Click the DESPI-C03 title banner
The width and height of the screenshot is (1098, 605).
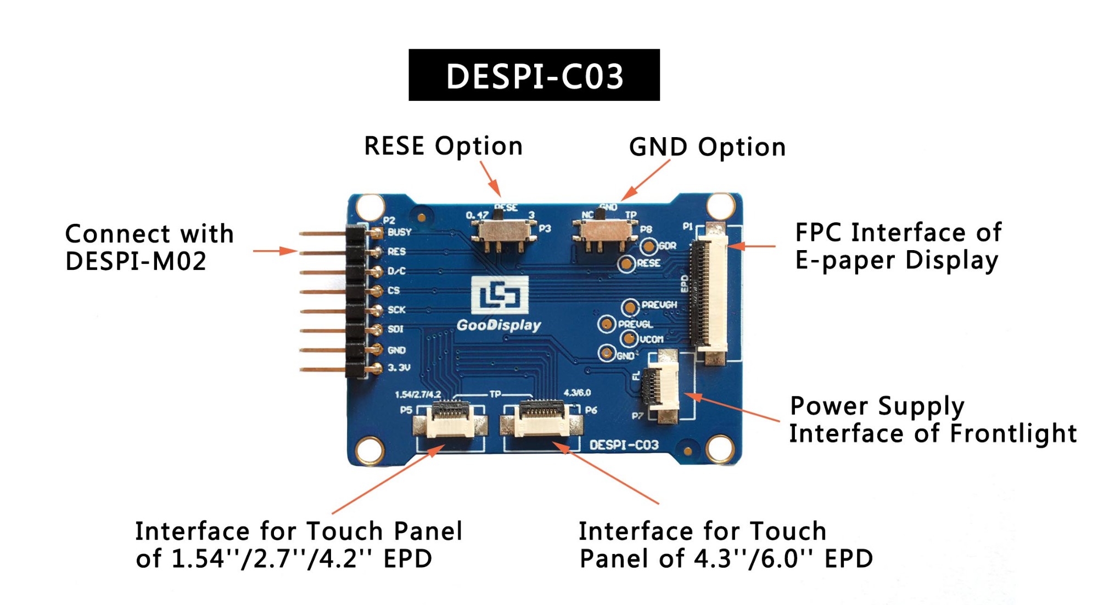coord(534,75)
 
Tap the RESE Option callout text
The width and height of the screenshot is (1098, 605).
coord(443,146)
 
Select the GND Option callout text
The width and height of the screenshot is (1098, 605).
coord(707,148)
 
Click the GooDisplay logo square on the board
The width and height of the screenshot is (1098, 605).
coord(500,295)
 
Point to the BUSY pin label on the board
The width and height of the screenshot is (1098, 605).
coord(399,232)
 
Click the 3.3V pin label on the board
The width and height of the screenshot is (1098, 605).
coord(399,367)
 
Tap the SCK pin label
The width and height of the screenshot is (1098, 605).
coord(396,310)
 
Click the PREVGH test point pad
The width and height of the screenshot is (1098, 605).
coord(630,306)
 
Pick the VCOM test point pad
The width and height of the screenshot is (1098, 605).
coord(629,338)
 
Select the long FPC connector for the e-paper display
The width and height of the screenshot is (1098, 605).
coord(710,293)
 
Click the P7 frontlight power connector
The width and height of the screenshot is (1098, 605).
coord(662,387)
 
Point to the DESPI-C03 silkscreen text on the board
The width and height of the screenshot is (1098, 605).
coord(624,445)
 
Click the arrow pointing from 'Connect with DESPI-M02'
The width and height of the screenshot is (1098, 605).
coord(274,251)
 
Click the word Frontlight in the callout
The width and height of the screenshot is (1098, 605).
coord(1013,433)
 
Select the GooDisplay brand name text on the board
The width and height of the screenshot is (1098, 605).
coord(498,325)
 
